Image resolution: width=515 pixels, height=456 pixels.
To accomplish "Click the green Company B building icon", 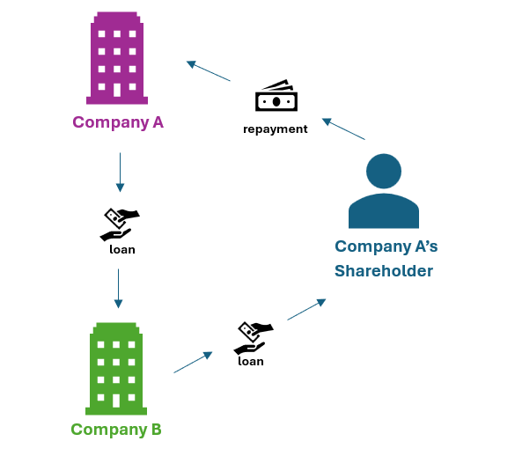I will [x=115, y=368].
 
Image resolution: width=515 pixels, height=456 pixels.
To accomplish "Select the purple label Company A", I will [x=118, y=122].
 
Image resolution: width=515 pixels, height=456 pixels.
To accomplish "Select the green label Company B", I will [x=116, y=430].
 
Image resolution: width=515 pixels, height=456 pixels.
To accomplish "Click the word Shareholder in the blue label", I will [x=383, y=271].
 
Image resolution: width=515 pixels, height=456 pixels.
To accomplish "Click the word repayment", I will [x=276, y=129].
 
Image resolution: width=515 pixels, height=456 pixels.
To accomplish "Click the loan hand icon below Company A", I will [x=121, y=224].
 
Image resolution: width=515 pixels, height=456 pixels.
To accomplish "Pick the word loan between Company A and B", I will [x=121, y=249].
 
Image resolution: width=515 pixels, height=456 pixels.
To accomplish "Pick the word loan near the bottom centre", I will [x=251, y=361].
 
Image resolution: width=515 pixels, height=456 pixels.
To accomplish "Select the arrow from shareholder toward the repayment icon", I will [x=342, y=129].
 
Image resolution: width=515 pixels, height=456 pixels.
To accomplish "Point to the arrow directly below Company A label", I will [x=120, y=173].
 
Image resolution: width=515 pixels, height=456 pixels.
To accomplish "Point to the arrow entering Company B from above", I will [x=118, y=289].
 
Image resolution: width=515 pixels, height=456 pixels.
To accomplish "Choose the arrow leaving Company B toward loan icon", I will [x=194, y=362].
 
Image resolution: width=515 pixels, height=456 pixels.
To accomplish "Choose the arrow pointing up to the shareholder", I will [x=306, y=309].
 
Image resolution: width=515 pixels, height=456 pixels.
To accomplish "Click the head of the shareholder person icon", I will [x=383, y=171].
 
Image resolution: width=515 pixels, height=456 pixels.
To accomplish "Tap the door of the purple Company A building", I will [x=117, y=90].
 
